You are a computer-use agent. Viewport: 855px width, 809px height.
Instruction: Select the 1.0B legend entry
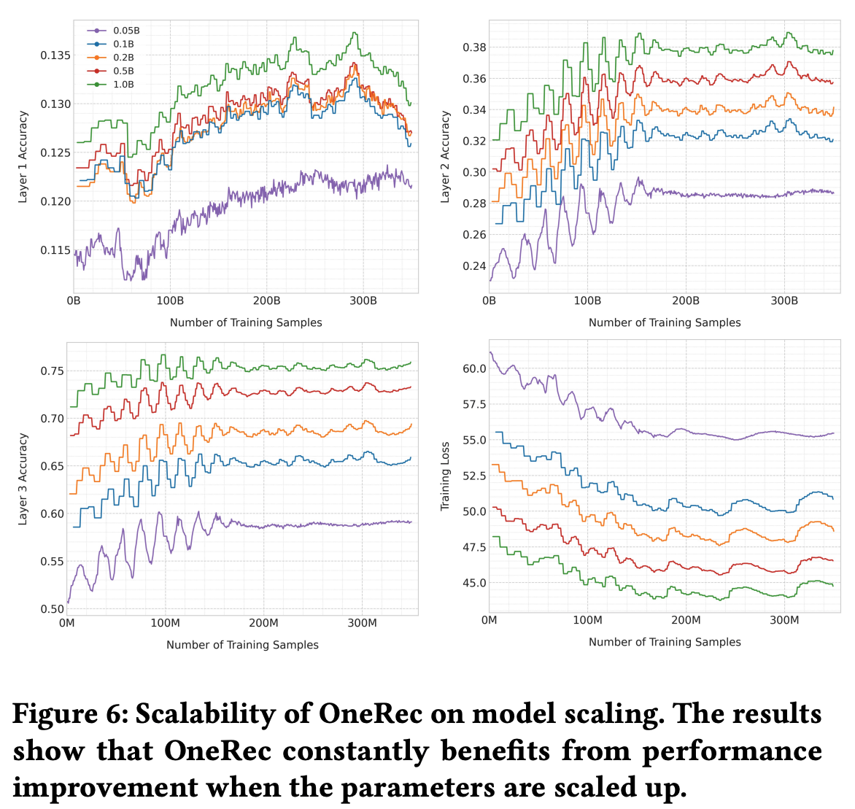coord(123,85)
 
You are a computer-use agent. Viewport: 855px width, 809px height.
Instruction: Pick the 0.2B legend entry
coord(123,58)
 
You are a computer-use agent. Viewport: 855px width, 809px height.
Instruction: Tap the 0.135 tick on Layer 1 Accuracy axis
coord(55,55)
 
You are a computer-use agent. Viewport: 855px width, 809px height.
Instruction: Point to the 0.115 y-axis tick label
coord(55,250)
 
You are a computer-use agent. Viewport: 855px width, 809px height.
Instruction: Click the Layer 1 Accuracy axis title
coord(23,157)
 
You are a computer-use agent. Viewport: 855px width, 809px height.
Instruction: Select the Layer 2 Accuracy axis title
coord(446,157)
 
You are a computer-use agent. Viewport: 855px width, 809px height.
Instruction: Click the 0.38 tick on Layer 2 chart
coord(474,47)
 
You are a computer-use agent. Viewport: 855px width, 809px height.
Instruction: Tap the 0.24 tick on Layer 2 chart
coord(474,266)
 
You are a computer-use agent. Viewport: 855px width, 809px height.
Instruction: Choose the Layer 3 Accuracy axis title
coord(23,479)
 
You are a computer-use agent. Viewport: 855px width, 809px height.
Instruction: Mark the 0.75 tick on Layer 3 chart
coord(51,371)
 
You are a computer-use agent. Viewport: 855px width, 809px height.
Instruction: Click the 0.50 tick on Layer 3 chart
coord(51,609)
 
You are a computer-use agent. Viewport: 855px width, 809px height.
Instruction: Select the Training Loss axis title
coord(446,476)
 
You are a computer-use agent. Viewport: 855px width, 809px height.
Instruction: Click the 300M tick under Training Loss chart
coord(784,620)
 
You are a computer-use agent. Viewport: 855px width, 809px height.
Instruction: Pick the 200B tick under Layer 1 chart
coord(266,301)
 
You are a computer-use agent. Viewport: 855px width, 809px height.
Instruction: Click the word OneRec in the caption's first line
coord(370,713)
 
